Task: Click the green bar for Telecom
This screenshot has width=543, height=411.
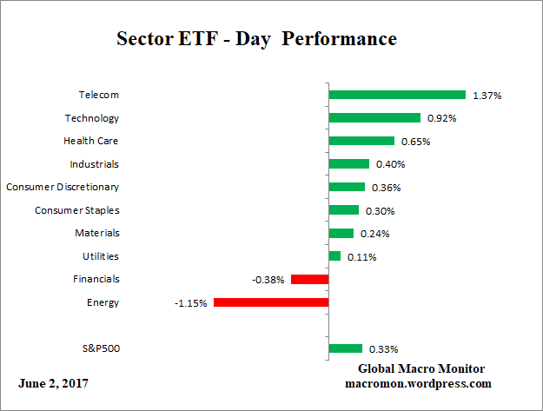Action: (x=397, y=95)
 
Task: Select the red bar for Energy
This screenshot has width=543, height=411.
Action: (x=271, y=302)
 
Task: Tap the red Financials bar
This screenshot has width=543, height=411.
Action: (x=309, y=279)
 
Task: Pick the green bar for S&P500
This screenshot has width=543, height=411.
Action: (x=346, y=348)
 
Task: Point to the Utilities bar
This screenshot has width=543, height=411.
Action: (x=334, y=256)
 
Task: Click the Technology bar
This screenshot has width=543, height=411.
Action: (x=374, y=117)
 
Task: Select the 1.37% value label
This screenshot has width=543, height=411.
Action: (x=487, y=96)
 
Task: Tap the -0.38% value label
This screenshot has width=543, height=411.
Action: (x=269, y=280)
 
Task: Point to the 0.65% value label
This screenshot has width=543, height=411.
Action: (x=415, y=141)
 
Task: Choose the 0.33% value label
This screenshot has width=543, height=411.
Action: (x=383, y=349)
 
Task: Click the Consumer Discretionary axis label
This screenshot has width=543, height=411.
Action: (x=63, y=187)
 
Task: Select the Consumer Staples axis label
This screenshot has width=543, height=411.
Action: (x=77, y=210)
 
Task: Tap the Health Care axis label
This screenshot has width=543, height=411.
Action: (x=91, y=141)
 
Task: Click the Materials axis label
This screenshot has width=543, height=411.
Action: (x=97, y=233)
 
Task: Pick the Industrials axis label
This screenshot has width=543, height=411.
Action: (x=95, y=163)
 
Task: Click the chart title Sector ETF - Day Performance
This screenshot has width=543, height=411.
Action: (x=256, y=39)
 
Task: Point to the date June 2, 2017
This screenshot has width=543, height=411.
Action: (x=53, y=383)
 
